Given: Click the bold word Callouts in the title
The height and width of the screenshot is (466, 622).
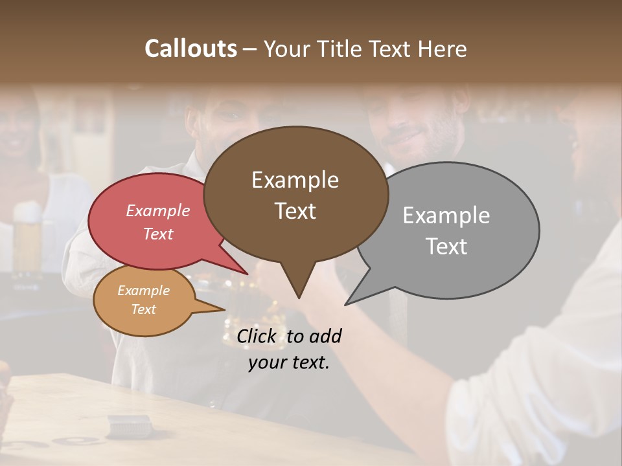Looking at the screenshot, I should (190, 49).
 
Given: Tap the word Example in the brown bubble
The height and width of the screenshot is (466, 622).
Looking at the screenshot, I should (295, 180).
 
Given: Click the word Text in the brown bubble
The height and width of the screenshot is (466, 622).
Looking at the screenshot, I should (295, 210).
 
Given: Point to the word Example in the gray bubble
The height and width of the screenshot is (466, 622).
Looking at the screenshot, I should (446, 216).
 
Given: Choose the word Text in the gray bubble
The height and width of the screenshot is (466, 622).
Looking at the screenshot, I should (446, 246).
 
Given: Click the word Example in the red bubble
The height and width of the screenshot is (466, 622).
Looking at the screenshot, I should (158, 210).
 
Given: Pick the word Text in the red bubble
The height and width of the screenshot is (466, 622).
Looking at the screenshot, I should (158, 234).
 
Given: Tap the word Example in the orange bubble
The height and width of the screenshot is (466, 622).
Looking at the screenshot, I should (143, 291).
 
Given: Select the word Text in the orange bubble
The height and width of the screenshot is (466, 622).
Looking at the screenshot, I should (143, 309).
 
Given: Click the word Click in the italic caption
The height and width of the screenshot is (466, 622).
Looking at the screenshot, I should (257, 336).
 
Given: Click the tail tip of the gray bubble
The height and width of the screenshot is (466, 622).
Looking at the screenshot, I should (347, 304).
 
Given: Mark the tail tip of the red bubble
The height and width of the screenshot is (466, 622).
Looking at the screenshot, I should (247, 274).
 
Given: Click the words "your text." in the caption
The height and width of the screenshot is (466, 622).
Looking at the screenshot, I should (289, 362).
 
